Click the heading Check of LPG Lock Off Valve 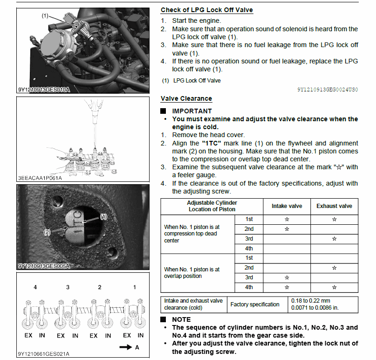[x=207, y=10]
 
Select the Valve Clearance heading [x=186, y=98]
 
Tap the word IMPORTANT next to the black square [x=191, y=111]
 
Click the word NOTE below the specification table [x=181, y=319]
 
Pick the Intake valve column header [x=287, y=206]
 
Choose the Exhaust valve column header [x=334, y=206]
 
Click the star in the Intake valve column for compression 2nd [x=287, y=229]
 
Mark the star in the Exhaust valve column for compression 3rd [x=334, y=239]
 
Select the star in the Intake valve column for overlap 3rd [x=287, y=277]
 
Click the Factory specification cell [x=255, y=305]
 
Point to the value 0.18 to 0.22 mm [x=310, y=301]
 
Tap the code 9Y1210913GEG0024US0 [x=327, y=89]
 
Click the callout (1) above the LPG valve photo [x=45, y=16]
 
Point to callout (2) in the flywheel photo [x=48, y=232]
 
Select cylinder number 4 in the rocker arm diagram [x=35, y=287]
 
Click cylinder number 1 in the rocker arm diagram [x=135, y=287]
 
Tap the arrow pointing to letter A [x=125, y=347]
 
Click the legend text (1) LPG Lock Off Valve [x=191, y=81]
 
